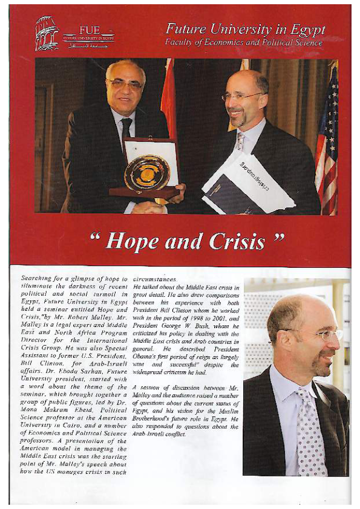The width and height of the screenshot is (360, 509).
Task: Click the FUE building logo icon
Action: click(x=47, y=33)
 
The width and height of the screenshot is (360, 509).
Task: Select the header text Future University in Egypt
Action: click(x=245, y=30)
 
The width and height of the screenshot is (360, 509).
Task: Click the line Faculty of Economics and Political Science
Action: click(x=244, y=42)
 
